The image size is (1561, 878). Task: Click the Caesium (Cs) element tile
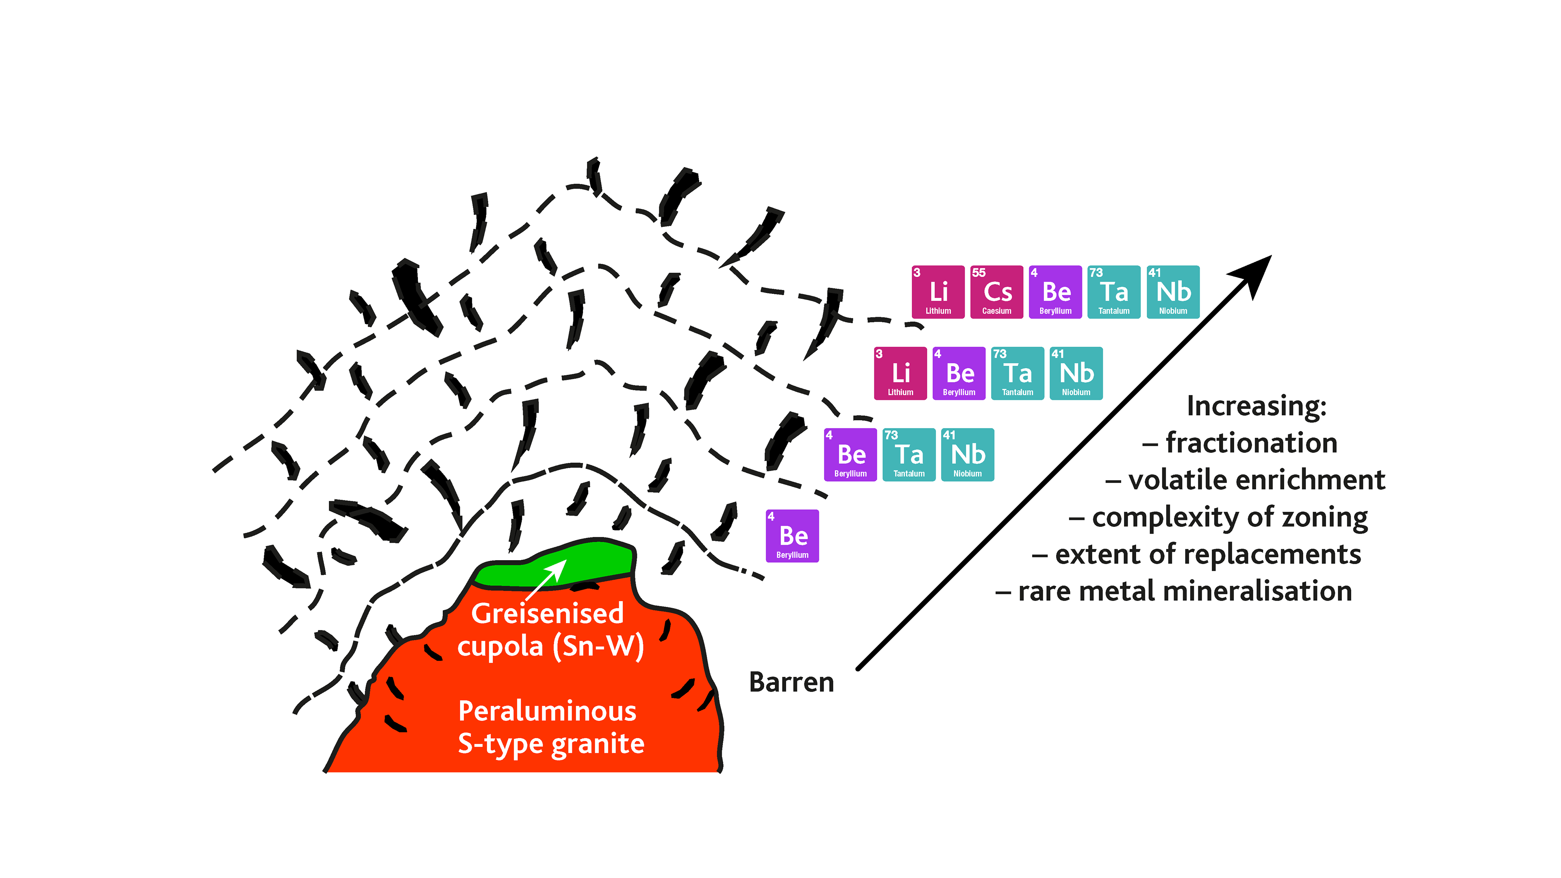[996, 292]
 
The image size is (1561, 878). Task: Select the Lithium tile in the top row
[937, 292]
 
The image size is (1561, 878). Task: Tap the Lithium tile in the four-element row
[900, 373]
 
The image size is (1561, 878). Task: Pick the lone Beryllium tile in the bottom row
[792, 536]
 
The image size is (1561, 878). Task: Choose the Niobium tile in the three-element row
[967, 454]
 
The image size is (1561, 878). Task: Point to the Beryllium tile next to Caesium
[1055, 292]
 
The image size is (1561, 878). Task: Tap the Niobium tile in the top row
[1172, 292]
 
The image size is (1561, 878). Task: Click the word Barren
[791, 682]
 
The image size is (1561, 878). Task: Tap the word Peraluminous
[547, 711]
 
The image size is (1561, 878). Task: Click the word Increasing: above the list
[1256, 406]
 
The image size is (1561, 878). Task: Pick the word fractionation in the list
[1251, 443]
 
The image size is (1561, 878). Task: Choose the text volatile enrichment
[1256, 480]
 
